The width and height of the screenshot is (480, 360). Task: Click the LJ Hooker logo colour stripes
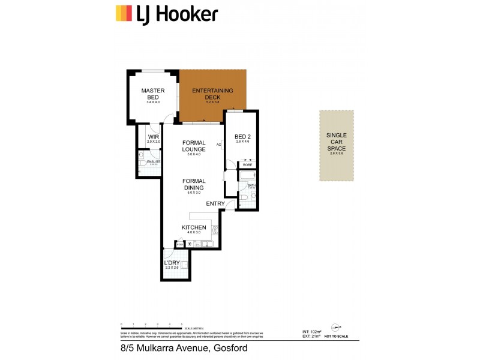pos(124,13)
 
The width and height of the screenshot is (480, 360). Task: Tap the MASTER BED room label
pos(153,94)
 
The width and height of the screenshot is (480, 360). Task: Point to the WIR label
pos(153,137)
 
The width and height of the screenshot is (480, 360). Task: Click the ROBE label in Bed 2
pos(247,164)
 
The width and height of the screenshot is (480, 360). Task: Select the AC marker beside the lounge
pos(218,145)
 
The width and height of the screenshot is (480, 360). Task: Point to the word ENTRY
pos(215,204)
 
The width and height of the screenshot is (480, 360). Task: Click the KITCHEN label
pos(194,227)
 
